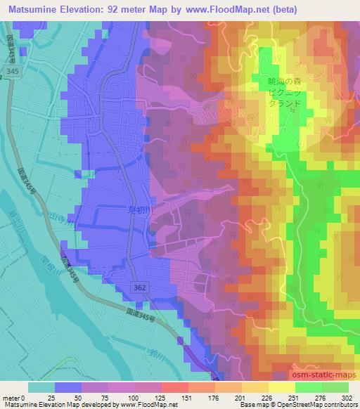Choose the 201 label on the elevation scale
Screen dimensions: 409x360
point(236,397)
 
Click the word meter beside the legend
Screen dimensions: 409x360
point(11,397)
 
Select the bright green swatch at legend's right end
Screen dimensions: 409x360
point(335,387)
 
